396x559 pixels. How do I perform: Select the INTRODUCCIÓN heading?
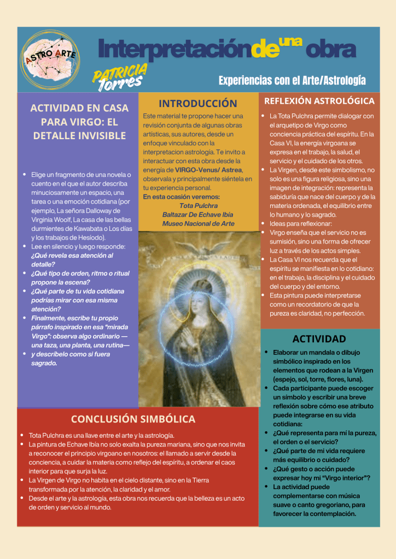[197, 103]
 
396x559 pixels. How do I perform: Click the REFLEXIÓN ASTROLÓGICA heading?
[319, 101]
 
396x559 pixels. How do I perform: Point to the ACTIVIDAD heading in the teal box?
[319, 339]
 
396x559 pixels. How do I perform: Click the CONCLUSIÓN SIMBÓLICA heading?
[133, 419]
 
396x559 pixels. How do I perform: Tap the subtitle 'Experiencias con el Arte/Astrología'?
[292, 81]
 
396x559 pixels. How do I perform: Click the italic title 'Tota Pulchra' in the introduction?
[198, 206]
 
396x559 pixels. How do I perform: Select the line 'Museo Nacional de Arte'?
[198, 223]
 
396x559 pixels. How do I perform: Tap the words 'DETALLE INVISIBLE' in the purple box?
[79, 135]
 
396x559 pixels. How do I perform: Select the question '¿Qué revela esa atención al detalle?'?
[72, 259]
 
